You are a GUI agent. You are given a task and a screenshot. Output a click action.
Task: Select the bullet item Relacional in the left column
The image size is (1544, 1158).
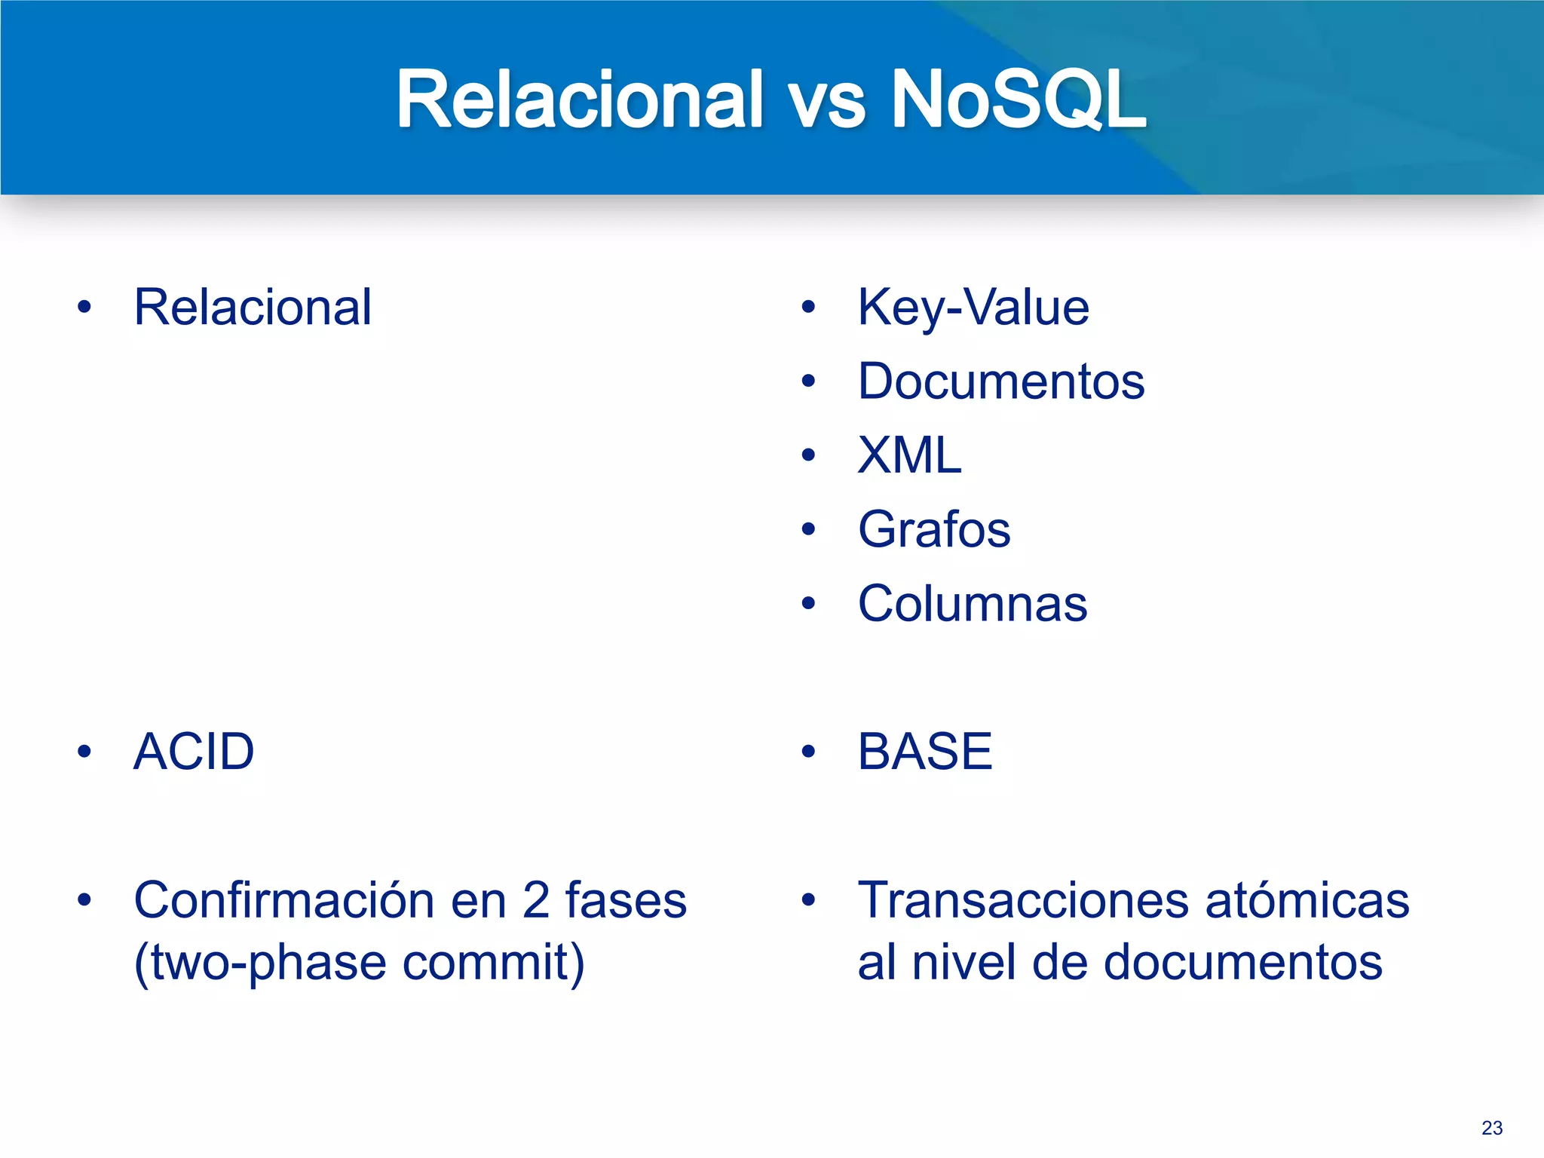pyautogui.click(x=253, y=308)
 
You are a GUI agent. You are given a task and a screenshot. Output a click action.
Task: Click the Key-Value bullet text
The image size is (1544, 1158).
pyautogui.click(x=973, y=308)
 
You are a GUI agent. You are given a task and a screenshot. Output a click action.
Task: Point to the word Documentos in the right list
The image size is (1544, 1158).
pyautogui.click(x=1001, y=381)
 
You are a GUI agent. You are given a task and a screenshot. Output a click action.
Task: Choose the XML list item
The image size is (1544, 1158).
pyautogui.click(x=910, y=455)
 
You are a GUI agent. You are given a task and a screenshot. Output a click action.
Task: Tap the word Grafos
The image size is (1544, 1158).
pyautogui.click(x=934, y=529)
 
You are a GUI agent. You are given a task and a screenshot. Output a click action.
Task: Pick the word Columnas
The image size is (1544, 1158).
pyautogui.click(x=973, y=604)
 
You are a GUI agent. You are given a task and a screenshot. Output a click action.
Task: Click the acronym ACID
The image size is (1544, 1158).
pyautogui.click(x=194, y=752)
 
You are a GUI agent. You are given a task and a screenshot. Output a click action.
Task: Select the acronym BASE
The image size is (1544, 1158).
pyautogui.click(x=925, y=752)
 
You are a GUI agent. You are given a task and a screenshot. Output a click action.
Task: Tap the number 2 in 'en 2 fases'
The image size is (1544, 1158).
pyautogui.click(x=536, y=900)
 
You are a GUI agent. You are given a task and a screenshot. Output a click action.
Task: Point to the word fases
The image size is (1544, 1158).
pyautogui.click(x=626, y=900)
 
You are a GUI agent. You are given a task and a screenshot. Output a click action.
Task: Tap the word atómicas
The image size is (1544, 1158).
pyautogui.click(x=1307, y=900)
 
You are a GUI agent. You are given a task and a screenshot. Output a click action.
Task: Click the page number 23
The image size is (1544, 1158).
pyautogui.click(x=1492, y=1128)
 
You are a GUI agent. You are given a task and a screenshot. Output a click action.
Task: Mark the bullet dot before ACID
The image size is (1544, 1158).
pyautogui.click(x=84, y=752)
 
